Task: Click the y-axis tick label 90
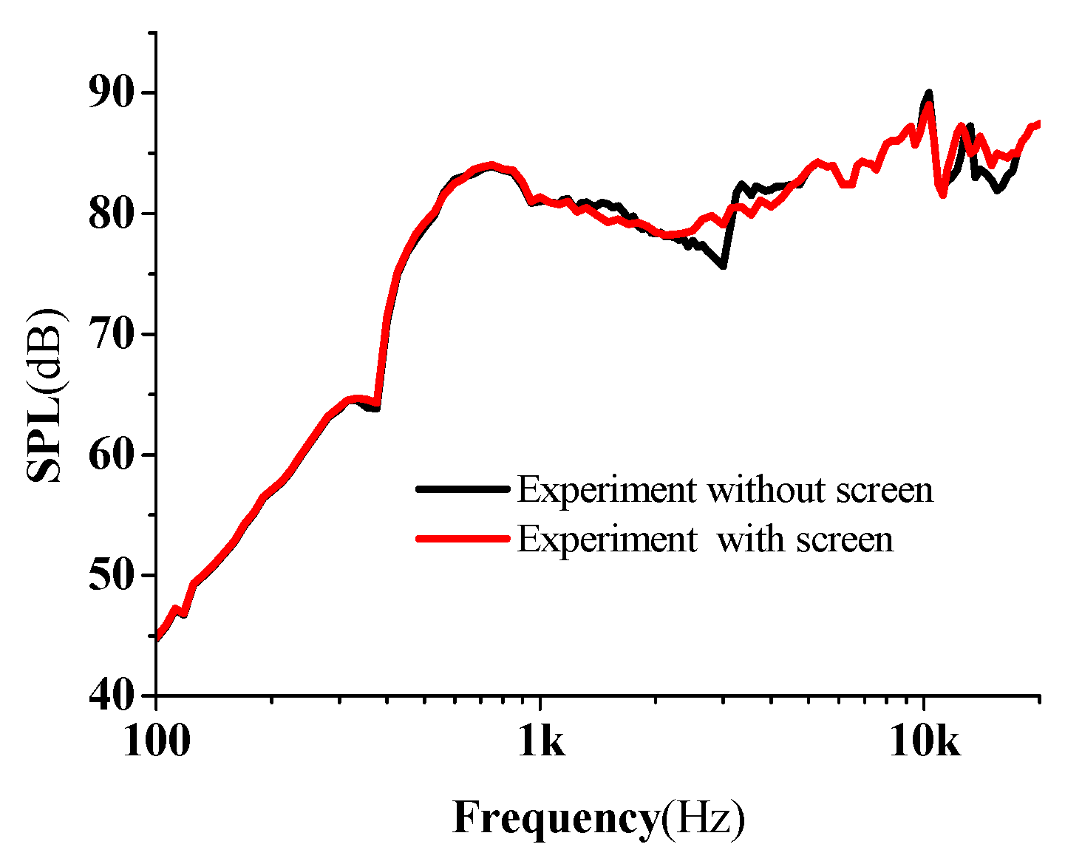point(112,94)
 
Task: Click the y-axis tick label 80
point(112,214)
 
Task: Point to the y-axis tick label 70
point(112,335)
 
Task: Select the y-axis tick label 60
point(112,455)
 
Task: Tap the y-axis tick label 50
point(112,576)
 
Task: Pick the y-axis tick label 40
point(112,696)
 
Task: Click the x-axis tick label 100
point(156,741)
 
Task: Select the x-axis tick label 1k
point(540,741)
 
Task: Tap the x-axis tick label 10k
point(924,741)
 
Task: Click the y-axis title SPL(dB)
point(46,395)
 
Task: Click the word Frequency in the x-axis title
point(554,819)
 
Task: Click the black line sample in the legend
point(463,489)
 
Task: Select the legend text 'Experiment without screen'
point(725,489)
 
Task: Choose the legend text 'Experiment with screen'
point(705,539)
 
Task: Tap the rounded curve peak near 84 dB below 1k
point(490,165)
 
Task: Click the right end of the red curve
point(1038,123)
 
